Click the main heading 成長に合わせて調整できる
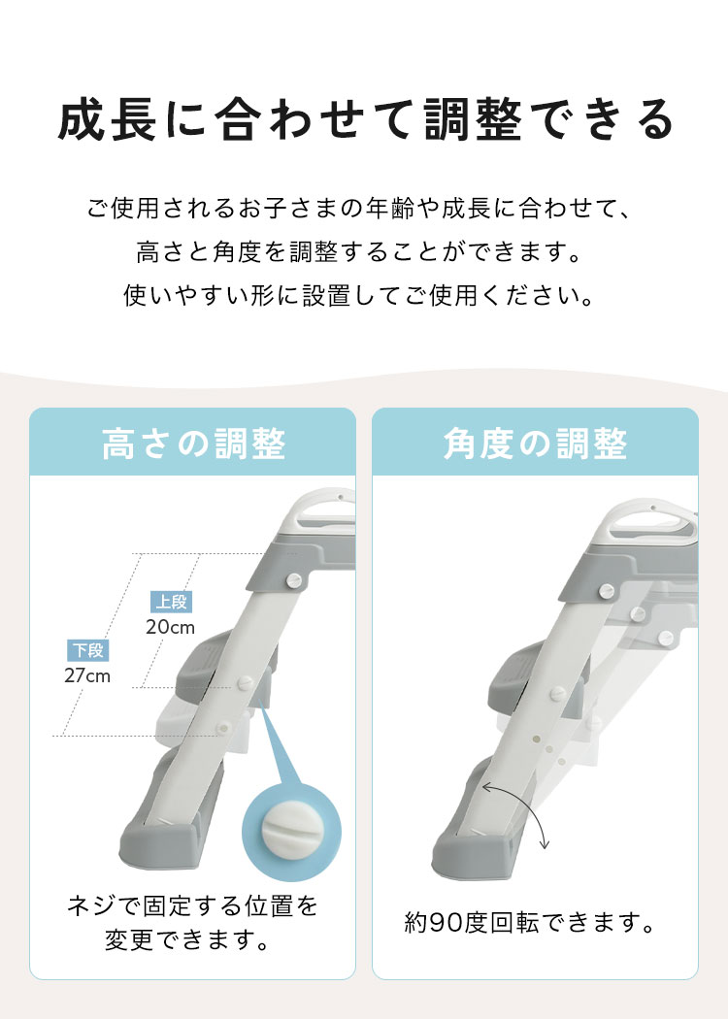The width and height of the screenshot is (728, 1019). tap(366, 119)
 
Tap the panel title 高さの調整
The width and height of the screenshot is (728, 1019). tap(194, 444)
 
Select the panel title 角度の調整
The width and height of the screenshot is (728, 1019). tap(535, 444)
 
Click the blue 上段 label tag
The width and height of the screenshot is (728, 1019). tap(171, 602)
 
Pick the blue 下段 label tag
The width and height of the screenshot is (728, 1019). tap(87, 650)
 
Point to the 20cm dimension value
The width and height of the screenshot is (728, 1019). tap(170, 627)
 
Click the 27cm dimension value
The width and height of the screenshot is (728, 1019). tap(87, 675)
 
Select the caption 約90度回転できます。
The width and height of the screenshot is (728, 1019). tap(530, 922)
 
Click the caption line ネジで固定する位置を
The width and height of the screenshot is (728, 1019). tap(193, 905)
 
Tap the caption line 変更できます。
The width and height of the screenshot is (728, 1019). tap(188, 940)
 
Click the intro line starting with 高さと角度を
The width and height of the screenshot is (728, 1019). tap(358, 252)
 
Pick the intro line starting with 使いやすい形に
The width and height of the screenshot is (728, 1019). tap(358, 296)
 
